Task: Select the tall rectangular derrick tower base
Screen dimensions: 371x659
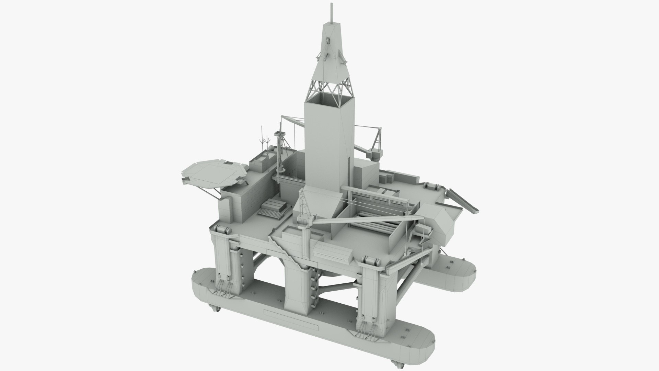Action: (x=329, y=137)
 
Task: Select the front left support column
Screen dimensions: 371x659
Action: (x=225, y=261)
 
